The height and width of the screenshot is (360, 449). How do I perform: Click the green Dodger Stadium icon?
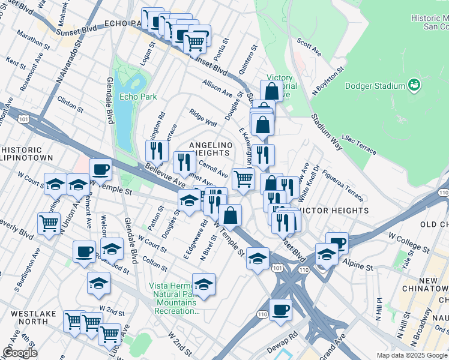coord(414,86)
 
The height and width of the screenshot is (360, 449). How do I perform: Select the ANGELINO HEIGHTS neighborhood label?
coord(210,149)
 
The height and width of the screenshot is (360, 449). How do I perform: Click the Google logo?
coord(20,353)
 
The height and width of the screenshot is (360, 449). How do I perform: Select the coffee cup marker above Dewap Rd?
coord(280,310)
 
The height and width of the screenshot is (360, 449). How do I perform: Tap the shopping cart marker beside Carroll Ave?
coord(243,178)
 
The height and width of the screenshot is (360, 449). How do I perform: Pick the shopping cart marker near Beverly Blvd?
coord(49,223)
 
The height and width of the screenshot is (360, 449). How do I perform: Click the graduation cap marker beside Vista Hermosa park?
coord(203,283)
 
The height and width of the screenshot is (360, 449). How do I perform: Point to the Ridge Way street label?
coord(203,118)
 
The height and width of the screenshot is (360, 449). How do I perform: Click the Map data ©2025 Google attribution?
coord(412,355)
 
